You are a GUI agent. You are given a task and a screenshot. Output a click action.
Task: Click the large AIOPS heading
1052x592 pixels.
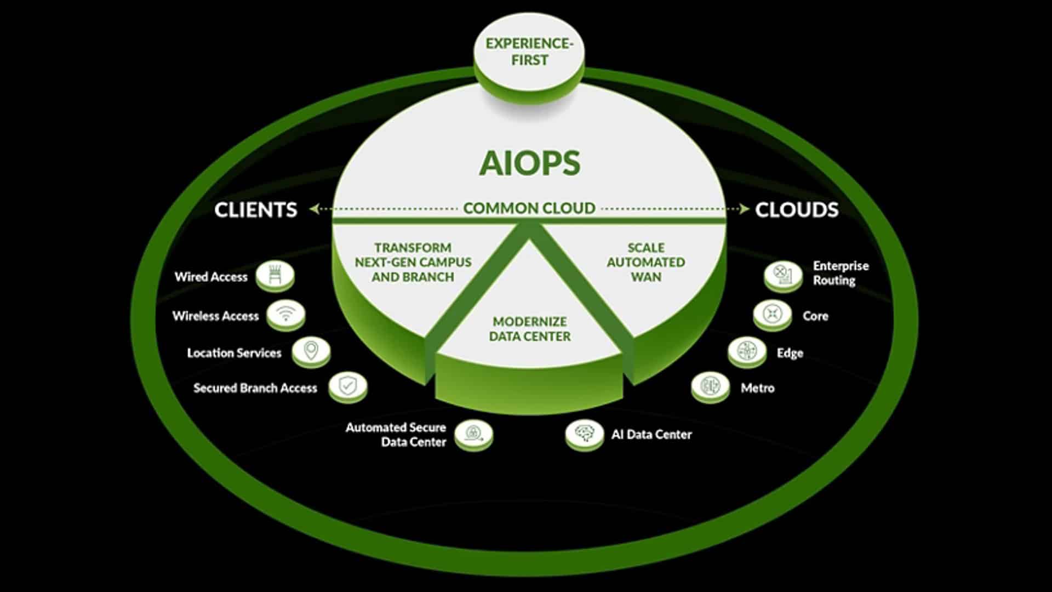click(x=529, y=163)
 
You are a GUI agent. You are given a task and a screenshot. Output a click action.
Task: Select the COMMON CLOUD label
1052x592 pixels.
click(x=529, y=208)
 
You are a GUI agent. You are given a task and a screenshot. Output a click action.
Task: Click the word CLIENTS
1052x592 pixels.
click(x=255, y=210)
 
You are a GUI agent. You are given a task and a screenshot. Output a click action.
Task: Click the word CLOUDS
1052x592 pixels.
click(x=797, y=210)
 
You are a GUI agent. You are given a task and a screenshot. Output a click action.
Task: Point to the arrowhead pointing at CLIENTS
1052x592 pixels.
click(x=314, y=209)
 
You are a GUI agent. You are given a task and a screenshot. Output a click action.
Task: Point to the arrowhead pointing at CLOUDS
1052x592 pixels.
click(x=744, y=209)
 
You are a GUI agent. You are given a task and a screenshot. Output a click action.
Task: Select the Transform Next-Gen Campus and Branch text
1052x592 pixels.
click(x=413, y=263)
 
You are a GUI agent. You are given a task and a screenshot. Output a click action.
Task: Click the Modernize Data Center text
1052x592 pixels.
click(x=529, y=329)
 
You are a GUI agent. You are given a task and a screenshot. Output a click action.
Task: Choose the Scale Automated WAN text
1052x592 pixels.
click(x=645, y=263)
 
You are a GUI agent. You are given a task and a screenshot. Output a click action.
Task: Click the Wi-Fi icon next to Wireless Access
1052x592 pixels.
click(x=285, y=314)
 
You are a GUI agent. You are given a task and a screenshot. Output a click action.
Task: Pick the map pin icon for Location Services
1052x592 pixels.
click(x=311, y=350)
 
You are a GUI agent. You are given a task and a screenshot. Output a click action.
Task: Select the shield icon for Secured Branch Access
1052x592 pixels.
click(x=347, y=386)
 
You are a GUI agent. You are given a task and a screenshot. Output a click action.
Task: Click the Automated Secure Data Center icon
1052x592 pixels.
click(x=473, y=434)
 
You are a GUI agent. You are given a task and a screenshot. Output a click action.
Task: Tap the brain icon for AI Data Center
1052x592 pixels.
click(x=584, y=434)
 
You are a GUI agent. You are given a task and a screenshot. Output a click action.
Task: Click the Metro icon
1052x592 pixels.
click(x=710, y=386)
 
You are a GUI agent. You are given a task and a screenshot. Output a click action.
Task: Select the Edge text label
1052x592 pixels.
click(x=790, y=353)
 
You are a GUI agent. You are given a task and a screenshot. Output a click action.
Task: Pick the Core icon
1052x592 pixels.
click(x=772, y=314)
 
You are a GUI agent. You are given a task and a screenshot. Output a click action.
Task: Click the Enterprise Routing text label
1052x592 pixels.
click(x=841, y=273)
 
